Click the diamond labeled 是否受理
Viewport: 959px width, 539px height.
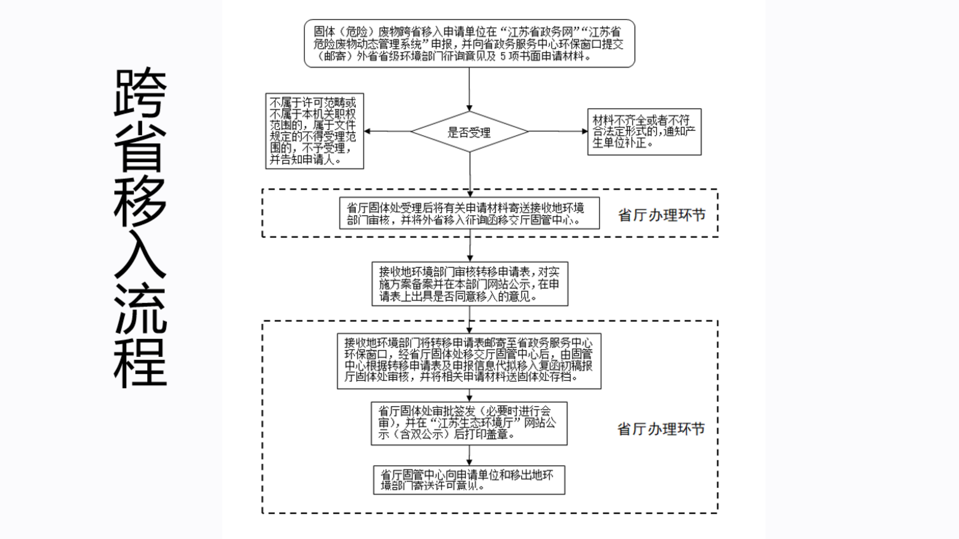[x=469, y=132]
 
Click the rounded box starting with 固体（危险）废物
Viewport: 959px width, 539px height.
[x=469, y=44]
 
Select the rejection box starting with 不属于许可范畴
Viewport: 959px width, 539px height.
[x=314, y=131]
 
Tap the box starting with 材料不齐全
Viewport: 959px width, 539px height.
[x=644, y=132]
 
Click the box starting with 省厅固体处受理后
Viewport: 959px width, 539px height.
[x=469, y=213]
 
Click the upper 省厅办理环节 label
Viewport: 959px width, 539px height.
[x=662, y=215]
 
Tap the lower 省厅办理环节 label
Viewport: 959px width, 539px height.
[x=661, y=429]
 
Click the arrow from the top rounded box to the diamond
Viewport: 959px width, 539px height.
[x=469, y=89]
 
